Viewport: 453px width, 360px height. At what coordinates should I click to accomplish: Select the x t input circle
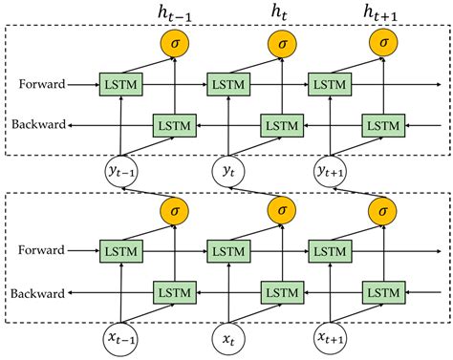point(227,340)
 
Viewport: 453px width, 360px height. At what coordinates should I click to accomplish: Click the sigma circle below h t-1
point(174,43)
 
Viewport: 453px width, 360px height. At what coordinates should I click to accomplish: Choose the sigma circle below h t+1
point(382,43)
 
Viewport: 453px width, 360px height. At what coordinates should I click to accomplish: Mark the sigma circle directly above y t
point(278,211)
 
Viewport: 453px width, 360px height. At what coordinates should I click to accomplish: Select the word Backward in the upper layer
point(37,124)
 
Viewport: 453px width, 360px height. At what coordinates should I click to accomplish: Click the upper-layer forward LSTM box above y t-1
point(121,84)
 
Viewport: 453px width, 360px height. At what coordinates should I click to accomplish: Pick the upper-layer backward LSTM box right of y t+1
point(381,124)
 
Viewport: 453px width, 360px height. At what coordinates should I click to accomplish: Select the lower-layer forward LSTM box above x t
point(226,252)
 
